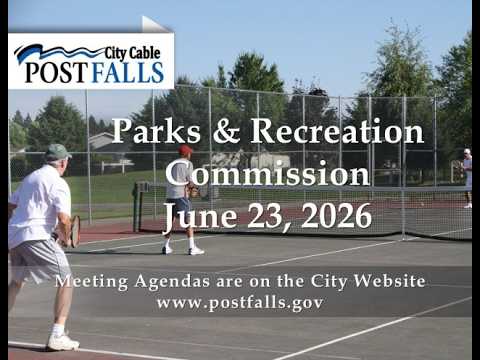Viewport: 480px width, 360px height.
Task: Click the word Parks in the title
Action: click(156, 131)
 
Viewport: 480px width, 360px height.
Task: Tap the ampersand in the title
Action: click(226, 131)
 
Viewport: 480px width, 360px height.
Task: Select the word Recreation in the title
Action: click(337, 131)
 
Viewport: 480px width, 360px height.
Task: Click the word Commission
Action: click(268, 173)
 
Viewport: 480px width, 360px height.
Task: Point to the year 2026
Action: click(337, 215)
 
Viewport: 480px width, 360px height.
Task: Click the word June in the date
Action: click(200, 217)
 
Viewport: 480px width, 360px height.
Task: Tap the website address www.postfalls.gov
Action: click(240, 302)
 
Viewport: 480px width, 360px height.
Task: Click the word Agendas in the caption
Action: click(172, 281)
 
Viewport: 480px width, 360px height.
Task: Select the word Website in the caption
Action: click(389, 281)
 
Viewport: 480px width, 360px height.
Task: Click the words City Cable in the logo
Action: click(132, 53)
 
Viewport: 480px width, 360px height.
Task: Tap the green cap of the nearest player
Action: click(57, 152)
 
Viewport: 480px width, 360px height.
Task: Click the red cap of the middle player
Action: click(185, 150)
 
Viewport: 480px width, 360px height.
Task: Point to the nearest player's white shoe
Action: click(63, 342)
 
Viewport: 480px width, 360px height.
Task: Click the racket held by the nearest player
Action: click(75, 231)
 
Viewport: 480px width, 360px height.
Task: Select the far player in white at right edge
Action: click(467, 178)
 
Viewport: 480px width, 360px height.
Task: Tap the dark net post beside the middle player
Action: click(136, 207)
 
